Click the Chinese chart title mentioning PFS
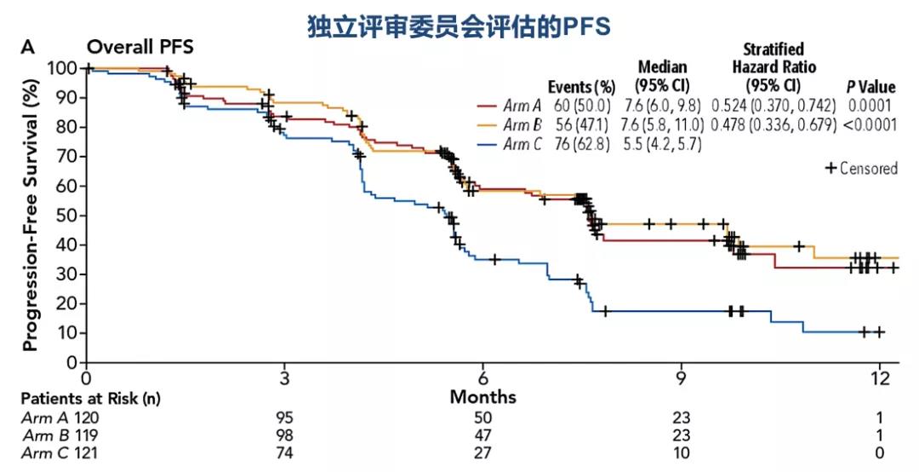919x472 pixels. click(x=459, y=26)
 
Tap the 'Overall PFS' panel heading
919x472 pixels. click(x=140, y=48)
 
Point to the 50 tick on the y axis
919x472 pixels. click(x=68, y=216)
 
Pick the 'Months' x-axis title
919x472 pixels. click(x=482, y=397)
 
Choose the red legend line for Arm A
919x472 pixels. click(x=487, y=106)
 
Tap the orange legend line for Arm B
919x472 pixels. click(x=487, y=125)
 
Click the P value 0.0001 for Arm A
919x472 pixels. click(x=869, y=106)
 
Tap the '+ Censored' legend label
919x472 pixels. click(x=861, y=168)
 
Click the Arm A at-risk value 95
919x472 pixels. click(x=284, y=417)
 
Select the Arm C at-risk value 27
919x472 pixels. click(x=482, y=452)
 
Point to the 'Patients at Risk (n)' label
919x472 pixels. click(x=91, y=398)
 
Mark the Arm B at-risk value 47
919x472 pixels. click(x=482, y=435)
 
